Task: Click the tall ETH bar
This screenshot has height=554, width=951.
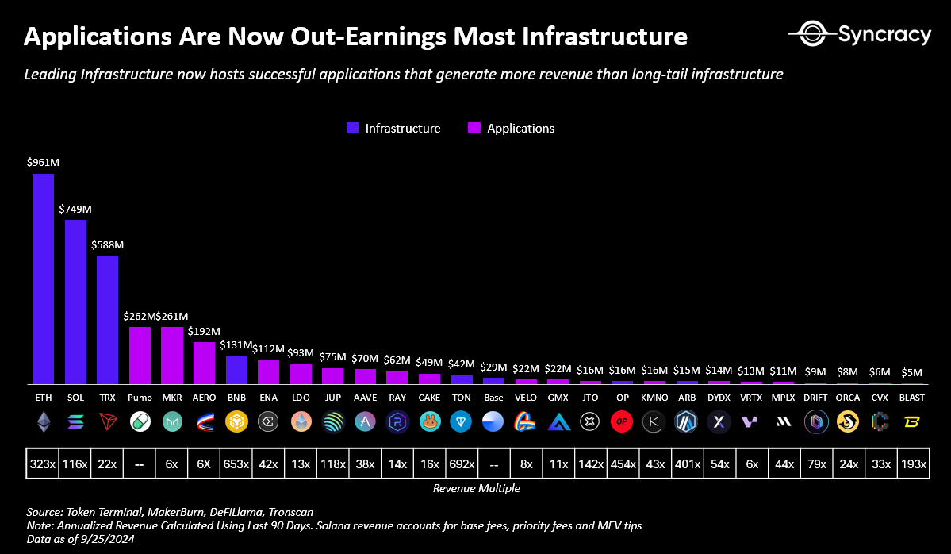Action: [43, 278]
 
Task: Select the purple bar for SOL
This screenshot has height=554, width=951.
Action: [75, 302]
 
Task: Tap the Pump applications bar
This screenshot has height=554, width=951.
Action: [140, 355]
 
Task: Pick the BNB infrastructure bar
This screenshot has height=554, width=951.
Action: [236, 369]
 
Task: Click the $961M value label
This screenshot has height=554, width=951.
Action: [43, 163]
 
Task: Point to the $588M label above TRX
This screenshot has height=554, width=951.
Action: [107, 244]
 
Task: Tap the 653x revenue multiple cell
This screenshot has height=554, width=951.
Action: [236, 464]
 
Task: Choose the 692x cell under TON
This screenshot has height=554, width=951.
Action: [462, 464]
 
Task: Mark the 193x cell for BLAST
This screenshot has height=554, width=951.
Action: [912, 464]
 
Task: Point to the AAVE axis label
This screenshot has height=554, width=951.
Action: [365, 397]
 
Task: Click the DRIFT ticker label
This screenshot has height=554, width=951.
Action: [815, 397]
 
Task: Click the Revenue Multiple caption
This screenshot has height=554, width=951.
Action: [476, 489]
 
